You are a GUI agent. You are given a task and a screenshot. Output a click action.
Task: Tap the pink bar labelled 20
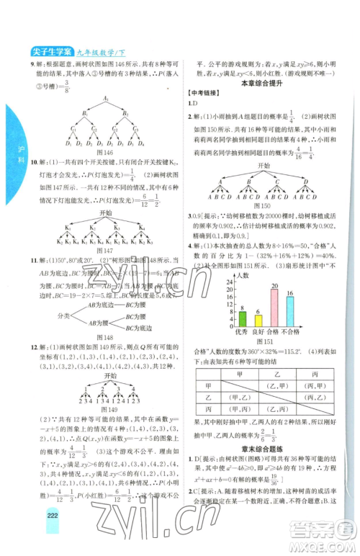[274, 309]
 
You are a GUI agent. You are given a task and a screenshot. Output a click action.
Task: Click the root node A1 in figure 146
[104, 99]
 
